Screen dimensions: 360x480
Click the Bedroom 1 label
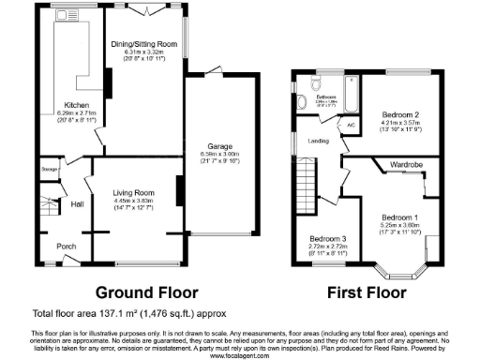399,217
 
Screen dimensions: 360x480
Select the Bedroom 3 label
329,239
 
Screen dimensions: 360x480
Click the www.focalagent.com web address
240,355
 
